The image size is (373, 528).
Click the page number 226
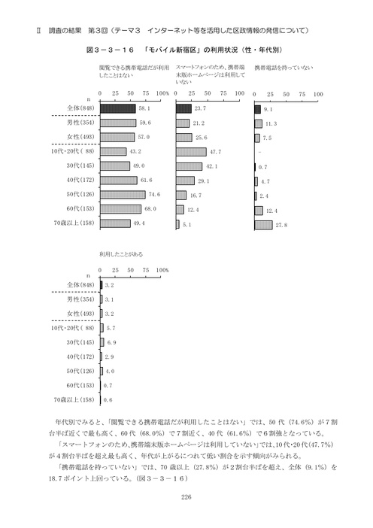click(x=186, y=496)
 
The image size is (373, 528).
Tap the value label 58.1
click(x=146, y=109)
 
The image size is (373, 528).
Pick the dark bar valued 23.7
click(x=183, y=109)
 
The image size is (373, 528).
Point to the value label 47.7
click(x=216, y=152)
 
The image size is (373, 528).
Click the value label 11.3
click(x=272, y=123)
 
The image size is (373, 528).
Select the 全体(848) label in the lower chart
click(x=80, y=285)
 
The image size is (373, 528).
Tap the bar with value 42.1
click(x=190, y=166)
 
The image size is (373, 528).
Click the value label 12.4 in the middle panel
click(x=193, y=209)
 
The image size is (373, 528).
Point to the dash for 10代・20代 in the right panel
click(x=259, y=152)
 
